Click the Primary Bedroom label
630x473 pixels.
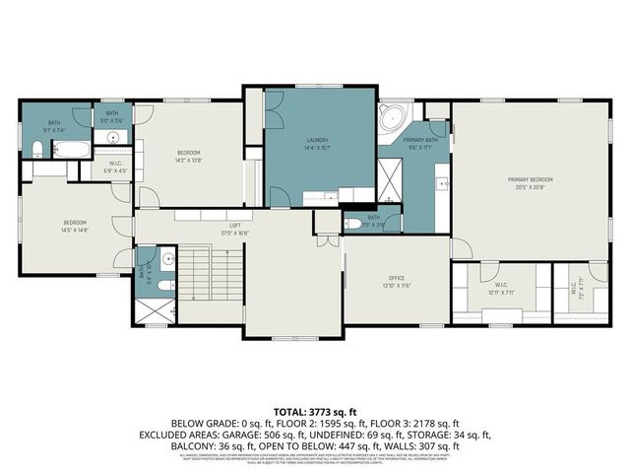click(x=531, y=179)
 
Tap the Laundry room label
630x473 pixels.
click(x=317, y=140)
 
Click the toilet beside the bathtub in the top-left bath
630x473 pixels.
click(x=37, y=150)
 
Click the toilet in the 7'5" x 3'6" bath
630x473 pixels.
click(x=352, y=224)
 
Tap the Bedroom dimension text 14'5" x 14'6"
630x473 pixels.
click(x=75, y=230)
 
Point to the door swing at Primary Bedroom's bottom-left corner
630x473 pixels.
click(x=463, y=247)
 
